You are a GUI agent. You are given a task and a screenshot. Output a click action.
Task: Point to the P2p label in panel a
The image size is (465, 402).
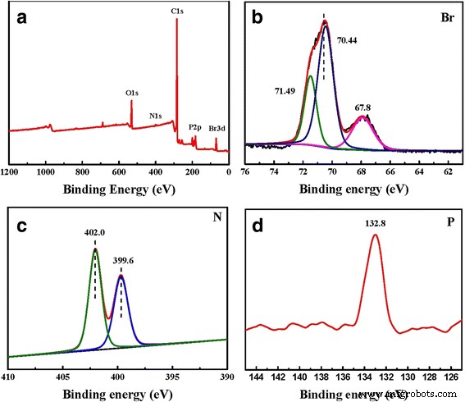click(195, 127)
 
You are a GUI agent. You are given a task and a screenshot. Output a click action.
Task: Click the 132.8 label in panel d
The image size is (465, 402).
click(375, 221)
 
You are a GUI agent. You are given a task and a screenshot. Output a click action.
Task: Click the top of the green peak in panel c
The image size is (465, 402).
click(95, 249)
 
